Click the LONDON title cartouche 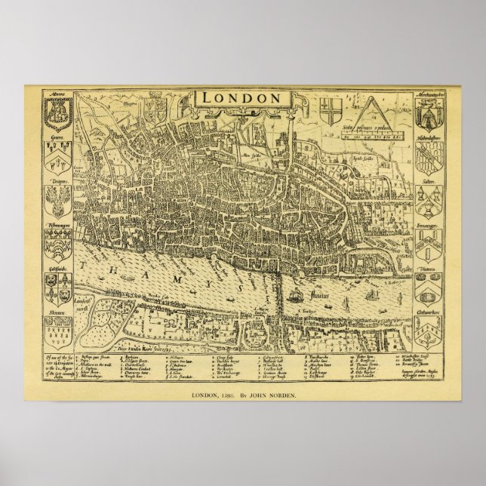241,97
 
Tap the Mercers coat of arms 57,113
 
